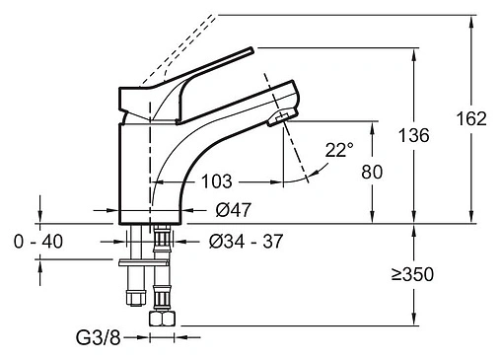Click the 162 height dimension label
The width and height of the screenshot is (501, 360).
(471, 118)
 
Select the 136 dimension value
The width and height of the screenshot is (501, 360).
(413, 135)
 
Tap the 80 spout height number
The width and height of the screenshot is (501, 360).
(372, 172)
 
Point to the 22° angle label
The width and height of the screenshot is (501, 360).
(339, 150)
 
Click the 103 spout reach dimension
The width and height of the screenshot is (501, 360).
(217, 181)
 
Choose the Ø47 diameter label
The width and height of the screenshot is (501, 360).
(234, 210)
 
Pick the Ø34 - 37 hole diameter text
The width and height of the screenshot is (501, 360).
(246, 242)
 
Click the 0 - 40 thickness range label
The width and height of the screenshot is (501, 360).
(38, 242)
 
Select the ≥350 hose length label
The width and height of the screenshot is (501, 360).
(412, 274)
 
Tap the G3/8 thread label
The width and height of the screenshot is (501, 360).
(99, 338)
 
